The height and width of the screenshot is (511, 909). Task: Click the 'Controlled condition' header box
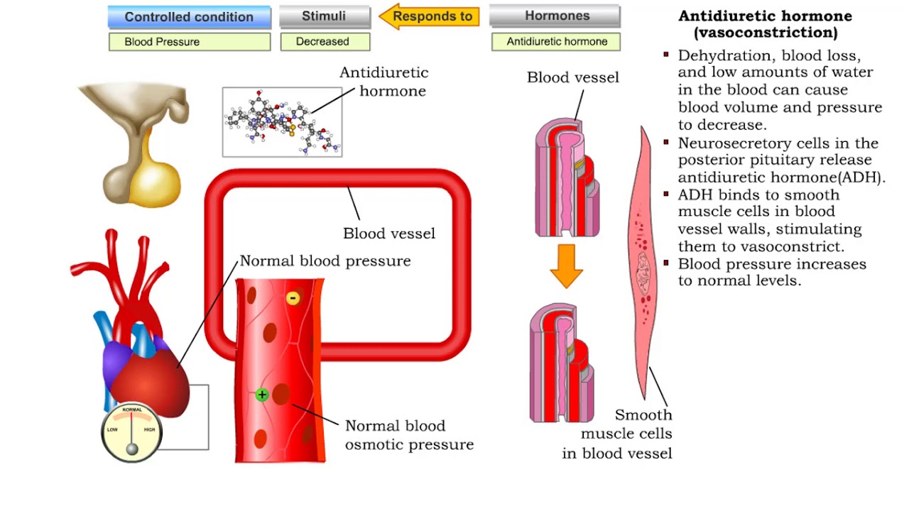189,17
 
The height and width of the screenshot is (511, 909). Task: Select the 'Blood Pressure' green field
189,42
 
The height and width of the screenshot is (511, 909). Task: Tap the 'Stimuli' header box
325,16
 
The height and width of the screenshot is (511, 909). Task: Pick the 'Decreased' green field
325,42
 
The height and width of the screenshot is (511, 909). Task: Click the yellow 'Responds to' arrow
429,16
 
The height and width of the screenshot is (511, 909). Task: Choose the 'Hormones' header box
555,16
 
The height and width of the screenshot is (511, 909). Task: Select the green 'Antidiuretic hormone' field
555,42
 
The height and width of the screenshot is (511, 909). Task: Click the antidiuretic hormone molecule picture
282,122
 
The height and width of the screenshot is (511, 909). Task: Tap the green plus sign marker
262,395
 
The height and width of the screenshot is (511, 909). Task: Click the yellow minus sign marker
293,298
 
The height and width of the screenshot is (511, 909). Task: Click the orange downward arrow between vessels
566,266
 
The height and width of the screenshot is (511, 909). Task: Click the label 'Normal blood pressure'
325,261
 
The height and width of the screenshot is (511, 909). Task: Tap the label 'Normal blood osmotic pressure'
408,435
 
